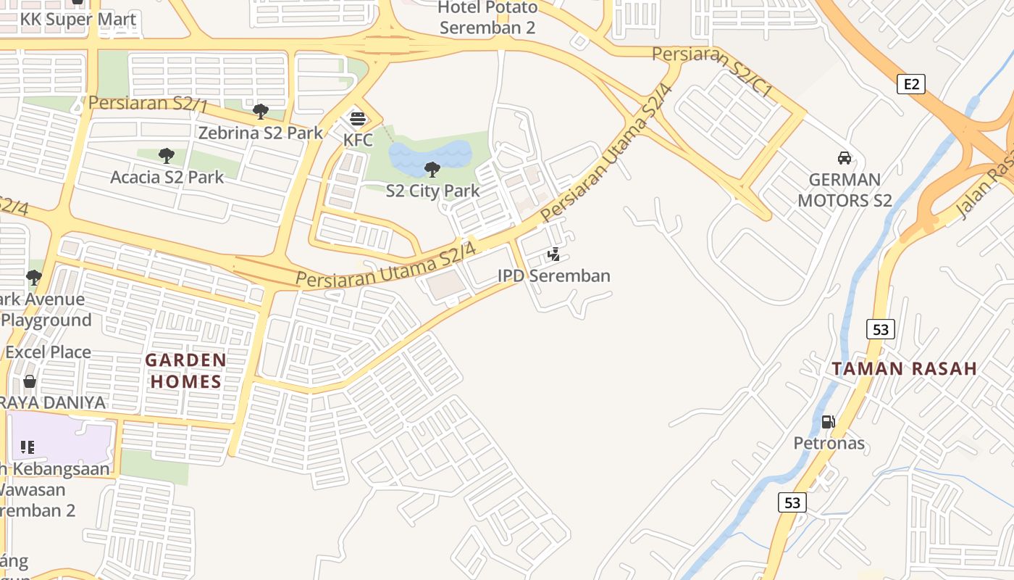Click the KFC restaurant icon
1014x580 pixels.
[x=358, y=119]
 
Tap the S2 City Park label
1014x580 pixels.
[x=432, y=191]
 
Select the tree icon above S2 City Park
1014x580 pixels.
[x=432, y=170]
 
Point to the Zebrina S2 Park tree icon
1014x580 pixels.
[x=261, y=112]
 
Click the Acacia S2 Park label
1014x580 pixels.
[x=167, y=177]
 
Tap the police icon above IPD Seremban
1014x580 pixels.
[x=554, y=254]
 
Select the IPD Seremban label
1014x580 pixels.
[x=554, y=276]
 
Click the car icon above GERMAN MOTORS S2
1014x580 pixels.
[x=844, y=158]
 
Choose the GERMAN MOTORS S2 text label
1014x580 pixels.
[x=845, y=190]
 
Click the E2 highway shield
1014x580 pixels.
[x=911, y=84]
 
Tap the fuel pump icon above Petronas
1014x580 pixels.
[x=829, y=422]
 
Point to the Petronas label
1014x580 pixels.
[x=829, y=443]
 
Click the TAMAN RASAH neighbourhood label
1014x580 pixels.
[x=905, y=368]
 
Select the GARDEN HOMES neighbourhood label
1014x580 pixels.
[x=185, y=370]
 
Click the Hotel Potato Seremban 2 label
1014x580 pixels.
[x=488, y=18]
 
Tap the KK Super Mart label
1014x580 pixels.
[x=78, y=20]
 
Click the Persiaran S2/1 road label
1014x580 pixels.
[x=147, y=104]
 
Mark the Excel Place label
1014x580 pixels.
[x=49, y=352]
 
